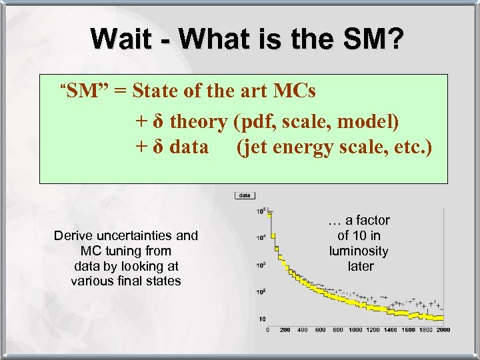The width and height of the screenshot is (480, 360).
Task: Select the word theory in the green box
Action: pos(198,121)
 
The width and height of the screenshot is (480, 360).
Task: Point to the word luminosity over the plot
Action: pos(359,251)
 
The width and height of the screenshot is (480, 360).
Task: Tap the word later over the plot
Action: pos(360,266)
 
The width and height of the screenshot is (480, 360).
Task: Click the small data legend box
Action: pos(245,195)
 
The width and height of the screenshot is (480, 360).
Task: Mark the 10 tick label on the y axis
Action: pos(262,319)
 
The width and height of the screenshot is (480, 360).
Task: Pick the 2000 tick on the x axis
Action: pos(443,329)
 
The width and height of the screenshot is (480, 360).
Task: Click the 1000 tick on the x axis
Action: pos(355,329)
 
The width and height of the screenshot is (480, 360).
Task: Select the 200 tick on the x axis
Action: pos(285,329)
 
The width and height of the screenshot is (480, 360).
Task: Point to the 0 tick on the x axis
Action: pos(267,329)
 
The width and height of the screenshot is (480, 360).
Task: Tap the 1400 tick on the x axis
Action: pos(391,329)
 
